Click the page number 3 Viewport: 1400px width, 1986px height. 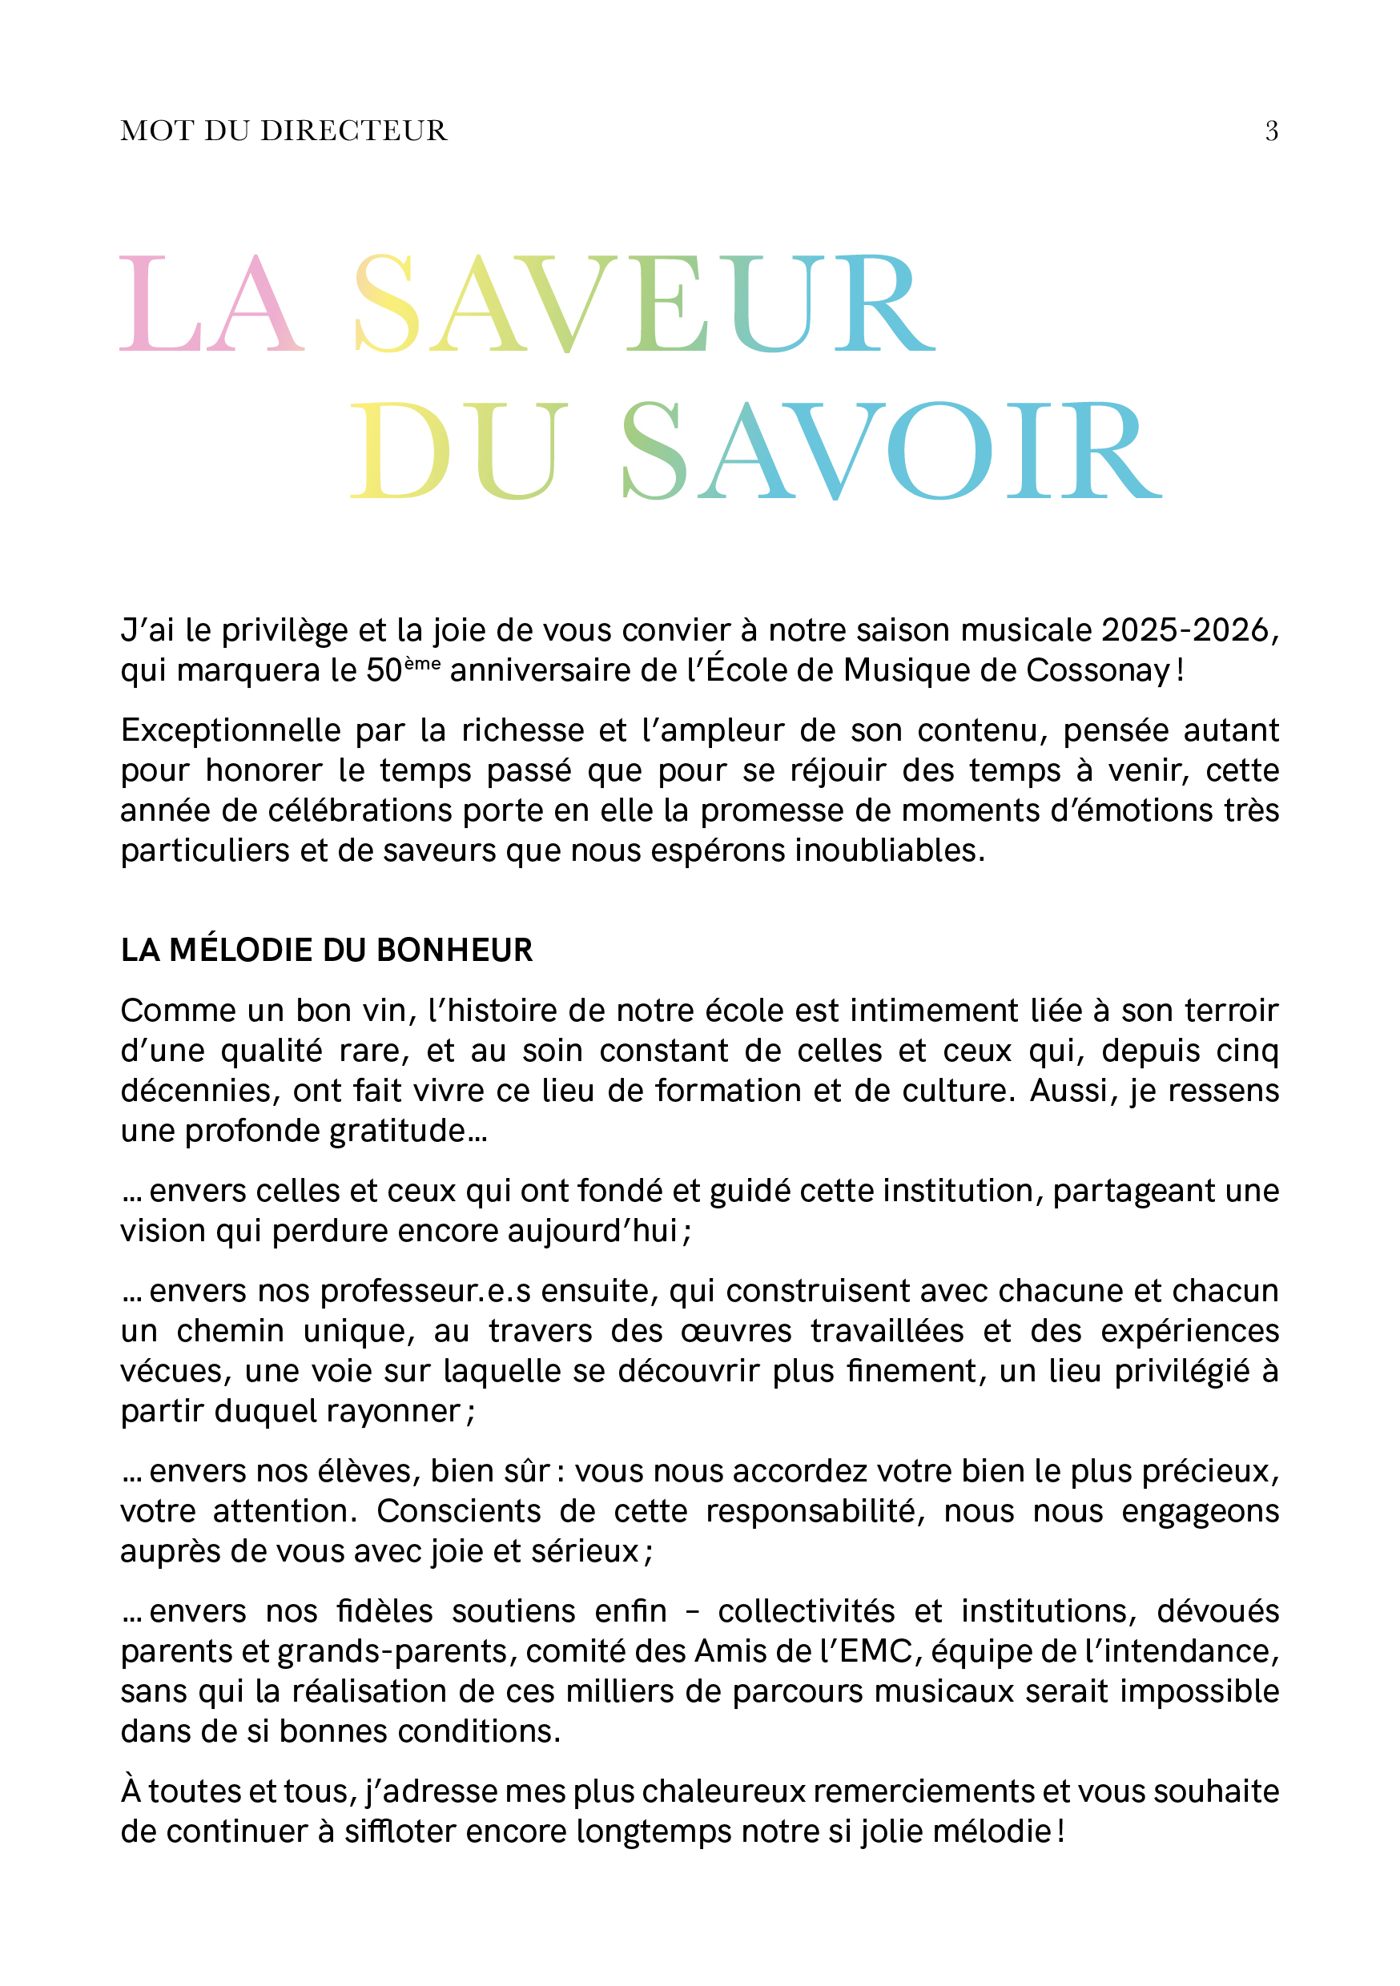click(x=1271, y=131)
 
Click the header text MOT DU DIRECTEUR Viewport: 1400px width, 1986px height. click(x=284, y=131)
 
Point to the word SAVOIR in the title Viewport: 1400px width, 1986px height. click(x=891, y=451)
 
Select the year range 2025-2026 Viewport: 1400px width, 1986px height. click(x=1185, y=629)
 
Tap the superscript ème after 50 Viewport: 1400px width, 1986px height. click(x=422, y=663)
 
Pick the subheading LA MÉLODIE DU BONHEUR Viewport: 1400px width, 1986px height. click(x=326, y=950)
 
